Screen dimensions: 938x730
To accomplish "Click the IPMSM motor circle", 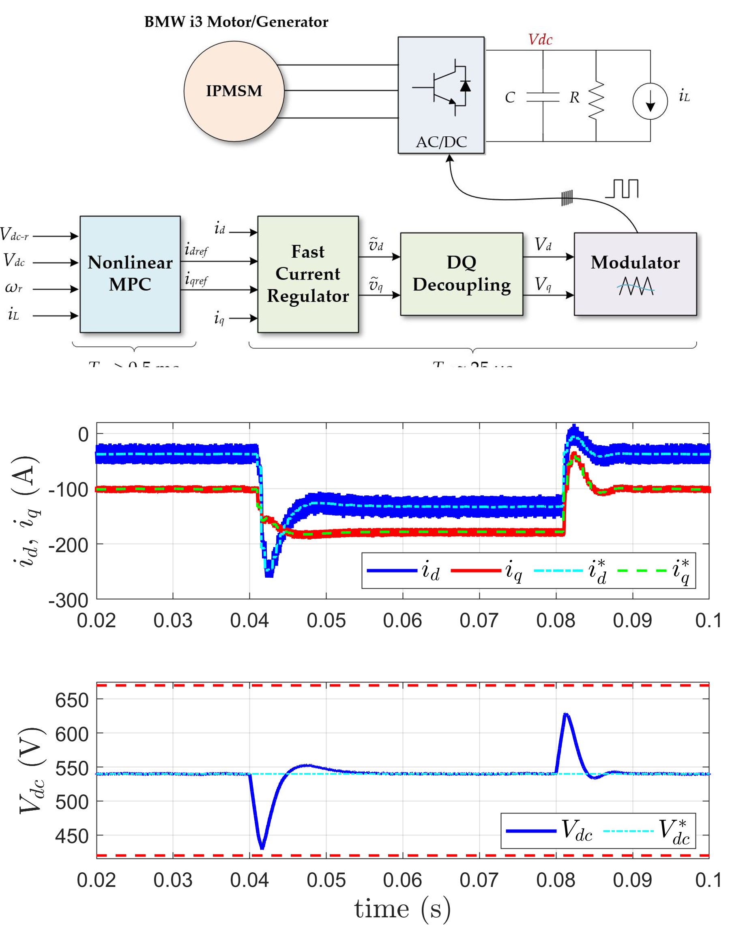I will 234,91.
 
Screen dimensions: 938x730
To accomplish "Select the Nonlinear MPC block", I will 130,273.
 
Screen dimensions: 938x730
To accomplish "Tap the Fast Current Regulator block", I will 307,273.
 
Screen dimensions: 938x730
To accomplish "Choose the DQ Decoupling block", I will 461,273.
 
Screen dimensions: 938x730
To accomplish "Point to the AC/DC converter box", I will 440,95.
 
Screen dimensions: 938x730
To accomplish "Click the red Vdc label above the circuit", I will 540,39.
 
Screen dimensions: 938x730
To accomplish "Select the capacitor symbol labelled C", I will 542,97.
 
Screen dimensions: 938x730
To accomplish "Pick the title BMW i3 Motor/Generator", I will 236,22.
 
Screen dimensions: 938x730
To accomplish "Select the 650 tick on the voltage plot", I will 72,701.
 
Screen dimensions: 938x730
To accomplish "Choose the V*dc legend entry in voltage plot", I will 646,830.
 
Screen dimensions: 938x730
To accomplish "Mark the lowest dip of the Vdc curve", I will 262,848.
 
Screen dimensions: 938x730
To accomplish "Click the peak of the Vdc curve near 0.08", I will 566,714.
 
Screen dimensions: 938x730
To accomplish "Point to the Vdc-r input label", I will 15,234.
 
